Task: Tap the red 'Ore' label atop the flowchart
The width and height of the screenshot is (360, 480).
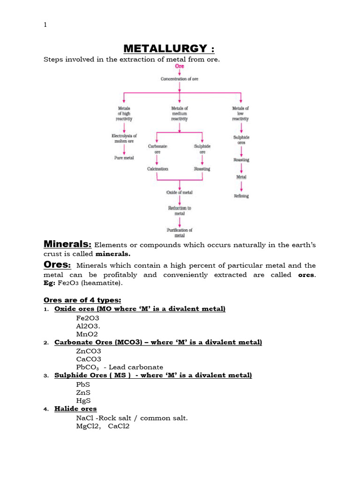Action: (x=180, y=67)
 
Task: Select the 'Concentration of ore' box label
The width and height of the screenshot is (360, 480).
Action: (x=180, y=79)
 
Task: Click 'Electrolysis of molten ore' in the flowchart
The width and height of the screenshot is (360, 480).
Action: (x=124, y=138)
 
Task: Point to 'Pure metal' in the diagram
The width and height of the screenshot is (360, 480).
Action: (x=124, y=158)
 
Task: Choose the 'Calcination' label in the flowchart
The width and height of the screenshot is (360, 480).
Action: (x=157, y=169)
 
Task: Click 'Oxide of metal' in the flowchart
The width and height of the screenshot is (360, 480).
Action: (x=180, y=193)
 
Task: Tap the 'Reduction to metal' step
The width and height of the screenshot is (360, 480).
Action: (x=180, y=210)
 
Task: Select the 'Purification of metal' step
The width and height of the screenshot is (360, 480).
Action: (x=180, y=232)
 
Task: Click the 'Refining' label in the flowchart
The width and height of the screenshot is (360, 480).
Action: (x=241, y=196)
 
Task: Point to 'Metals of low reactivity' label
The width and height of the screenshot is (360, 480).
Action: (x=241, y=113)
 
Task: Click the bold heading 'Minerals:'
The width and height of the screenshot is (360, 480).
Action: (x=67, y=244)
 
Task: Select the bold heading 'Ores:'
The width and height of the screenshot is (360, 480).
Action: (x=57, y=265)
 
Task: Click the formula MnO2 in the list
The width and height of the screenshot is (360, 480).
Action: (x=87, y=334)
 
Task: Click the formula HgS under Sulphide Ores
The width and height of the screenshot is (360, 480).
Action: (x=84, y=401)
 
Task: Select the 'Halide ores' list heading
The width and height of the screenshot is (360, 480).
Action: (x=75, y=409)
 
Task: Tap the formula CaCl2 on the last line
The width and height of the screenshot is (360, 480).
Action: (x=119, y=426)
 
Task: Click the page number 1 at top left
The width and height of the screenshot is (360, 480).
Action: (x=45, y=25)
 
